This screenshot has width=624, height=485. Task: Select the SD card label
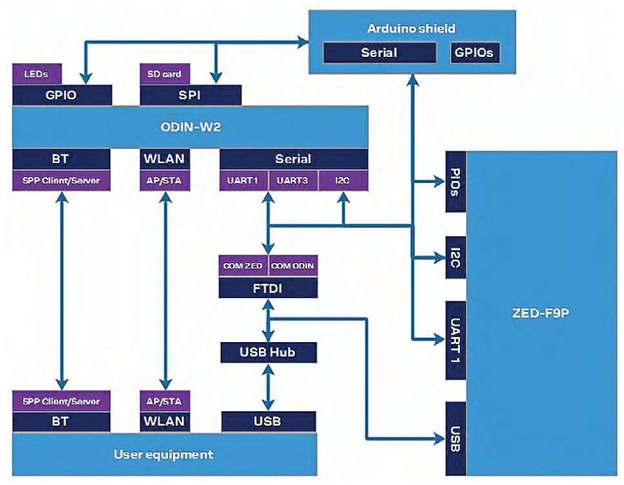click(x=161, y=74)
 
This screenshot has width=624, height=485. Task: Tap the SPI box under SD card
click(x=191, y=94)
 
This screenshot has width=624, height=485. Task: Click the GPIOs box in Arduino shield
click(x=475, y=53)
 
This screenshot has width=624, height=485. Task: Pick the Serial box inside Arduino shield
click(x=379, y=53)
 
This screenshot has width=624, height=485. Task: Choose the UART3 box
click(x=293, y=180)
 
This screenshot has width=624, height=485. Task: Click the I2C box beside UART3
click(x=342, y=180)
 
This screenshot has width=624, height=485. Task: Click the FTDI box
click(x=268, y=288)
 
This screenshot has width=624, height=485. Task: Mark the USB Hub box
click(x=268, y=352)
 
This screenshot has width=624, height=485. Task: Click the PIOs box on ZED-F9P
click(x=455, y=182)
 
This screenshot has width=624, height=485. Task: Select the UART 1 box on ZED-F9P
click(x=455, y=339)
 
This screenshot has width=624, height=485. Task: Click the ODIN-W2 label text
click(x=190, y=127)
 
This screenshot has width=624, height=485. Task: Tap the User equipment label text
click(x=163, y=455)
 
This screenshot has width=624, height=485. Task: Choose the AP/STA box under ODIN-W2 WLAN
click(x=165, y=180)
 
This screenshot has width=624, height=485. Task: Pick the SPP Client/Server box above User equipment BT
click(x=61, y=401)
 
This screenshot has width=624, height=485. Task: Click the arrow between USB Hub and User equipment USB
click(x=268, y=387)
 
